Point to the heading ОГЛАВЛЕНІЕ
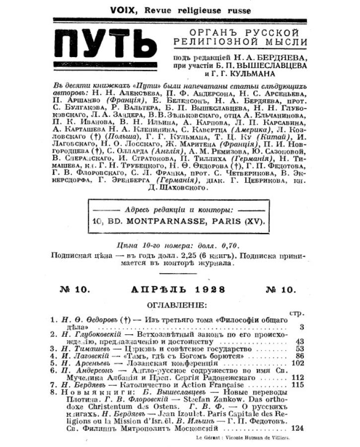tap(179, 303)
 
